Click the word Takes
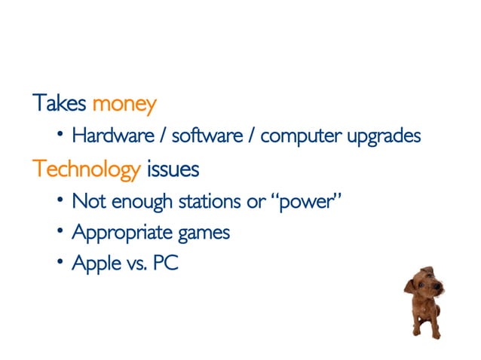pos(60,103)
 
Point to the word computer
pos(301,138)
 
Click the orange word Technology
pos(86,170)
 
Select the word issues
pos(173,169)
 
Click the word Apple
pos(93,264)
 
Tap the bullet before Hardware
pos(60,136)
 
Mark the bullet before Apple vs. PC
pos(60,263)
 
